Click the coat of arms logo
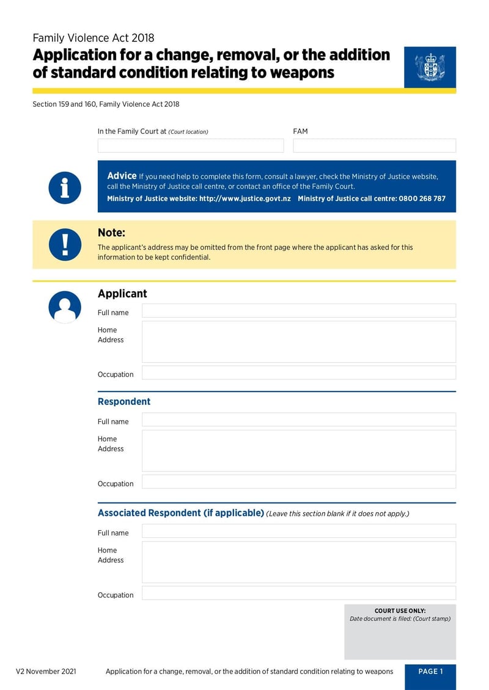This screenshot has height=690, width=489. pyautogui.click(x=430, y=67)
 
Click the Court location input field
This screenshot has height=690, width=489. pyautogui.click(x=191, y=145)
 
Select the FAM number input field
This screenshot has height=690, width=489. pyautogui.click(x=374, y=145)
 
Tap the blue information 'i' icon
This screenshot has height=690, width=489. pyautogui.click(x=65, y=187)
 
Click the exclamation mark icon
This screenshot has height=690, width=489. pyautogui.click(x=65, y=244)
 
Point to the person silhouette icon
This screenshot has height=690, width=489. pyautogui.click(x=65, y=307)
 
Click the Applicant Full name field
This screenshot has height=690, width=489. pyautogui.click(x=298, y=311)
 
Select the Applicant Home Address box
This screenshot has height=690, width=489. pyautogui.click(x=298, y=342)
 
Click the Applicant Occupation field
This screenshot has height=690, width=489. pyautogui.click(x=298, y=373)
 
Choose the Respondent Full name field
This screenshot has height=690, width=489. pyautogui.click(x=298, y=419)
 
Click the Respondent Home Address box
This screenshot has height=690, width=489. pyautogui.click(x=298, y=451)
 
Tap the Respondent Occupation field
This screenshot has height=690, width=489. pyautogui.click(x=298, y=482)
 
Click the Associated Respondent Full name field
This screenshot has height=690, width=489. pyautogui.click(x=298, y=531)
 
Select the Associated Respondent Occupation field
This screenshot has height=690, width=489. pyautogui.click(x=298, y=593)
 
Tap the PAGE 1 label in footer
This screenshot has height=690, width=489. pyautogui.click(x=430, y=672)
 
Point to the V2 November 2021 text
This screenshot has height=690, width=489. pyautogui.click(x=46, y=672)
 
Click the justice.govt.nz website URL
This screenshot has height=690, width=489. pyautogui.click(x=244, y=199)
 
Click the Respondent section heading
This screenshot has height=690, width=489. pyautogui.click(x=124, y=402)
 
